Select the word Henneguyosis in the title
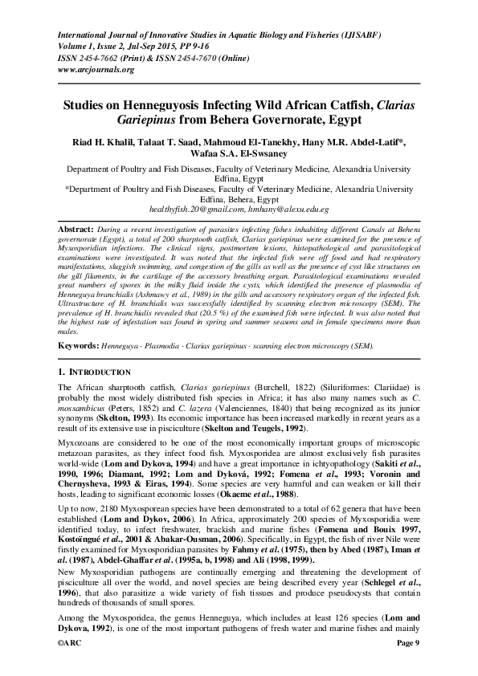pyautogui.click(x=164, y=104)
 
